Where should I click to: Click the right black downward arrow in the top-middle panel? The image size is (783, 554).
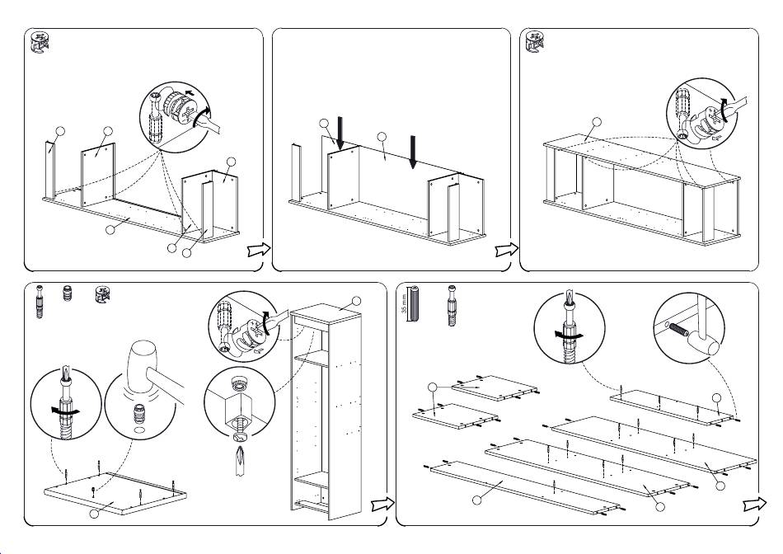click(x=413, y=152)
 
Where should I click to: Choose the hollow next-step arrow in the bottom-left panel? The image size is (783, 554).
click(x=380, y=505)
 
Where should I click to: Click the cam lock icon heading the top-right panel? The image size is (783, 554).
click(x=534, y=43)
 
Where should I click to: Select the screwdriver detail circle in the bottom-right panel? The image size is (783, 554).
click(x=565, y=327)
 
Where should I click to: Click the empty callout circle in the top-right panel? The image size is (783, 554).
click(x=596, y=124)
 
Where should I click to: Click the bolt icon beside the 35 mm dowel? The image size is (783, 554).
click(x=452, y=304)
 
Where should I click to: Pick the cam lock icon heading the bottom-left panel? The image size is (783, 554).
click(x=102, y=294)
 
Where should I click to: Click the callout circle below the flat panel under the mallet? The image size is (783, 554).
click(x=95, y=515)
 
